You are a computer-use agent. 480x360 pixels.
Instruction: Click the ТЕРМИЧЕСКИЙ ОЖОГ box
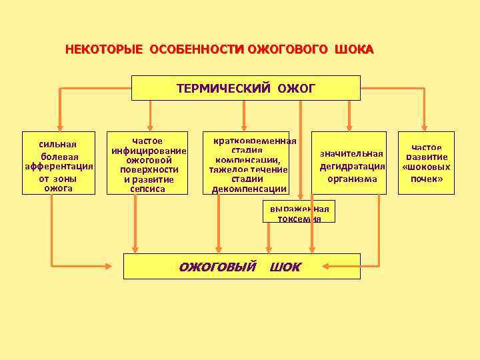[245, 88]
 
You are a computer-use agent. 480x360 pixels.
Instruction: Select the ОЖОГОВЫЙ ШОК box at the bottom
[241, 266]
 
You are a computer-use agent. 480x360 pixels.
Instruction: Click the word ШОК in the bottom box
[285, 267]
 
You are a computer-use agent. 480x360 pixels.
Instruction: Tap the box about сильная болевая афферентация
[59, 163]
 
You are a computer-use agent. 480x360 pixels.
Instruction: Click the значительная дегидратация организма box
[352, 163]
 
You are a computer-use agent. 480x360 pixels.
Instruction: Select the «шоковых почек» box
[426, 163]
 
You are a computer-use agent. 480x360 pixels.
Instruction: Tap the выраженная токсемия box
[299, 213]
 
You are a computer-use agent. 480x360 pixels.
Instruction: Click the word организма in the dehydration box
[352, 179]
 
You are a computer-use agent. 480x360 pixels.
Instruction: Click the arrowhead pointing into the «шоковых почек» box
[426, 127]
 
